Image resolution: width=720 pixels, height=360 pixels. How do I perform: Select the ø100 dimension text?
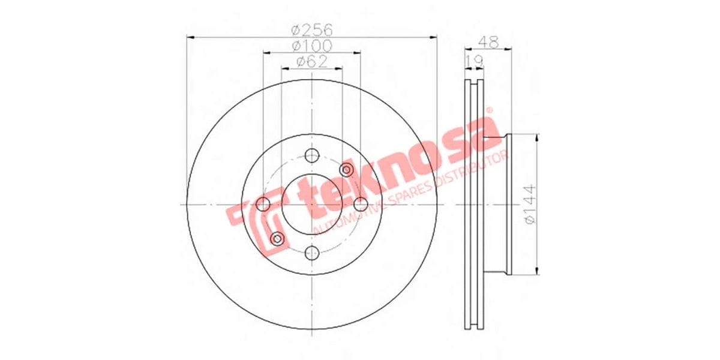click(311, 46)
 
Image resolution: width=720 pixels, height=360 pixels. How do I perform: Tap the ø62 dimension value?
click(311, 61)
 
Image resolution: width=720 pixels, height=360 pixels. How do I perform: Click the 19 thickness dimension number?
click(475, 59)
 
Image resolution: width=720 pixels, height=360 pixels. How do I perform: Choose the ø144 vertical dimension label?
click(530, 204)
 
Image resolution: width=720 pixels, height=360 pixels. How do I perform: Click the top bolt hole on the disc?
click(311, 156)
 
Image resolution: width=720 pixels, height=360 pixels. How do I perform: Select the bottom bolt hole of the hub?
click(311, 253)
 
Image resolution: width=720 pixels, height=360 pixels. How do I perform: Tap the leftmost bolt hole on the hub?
click(263, 205)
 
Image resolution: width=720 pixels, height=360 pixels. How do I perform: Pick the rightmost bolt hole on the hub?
click(360, 205)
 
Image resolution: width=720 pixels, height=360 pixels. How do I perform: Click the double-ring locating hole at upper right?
click(346, 170)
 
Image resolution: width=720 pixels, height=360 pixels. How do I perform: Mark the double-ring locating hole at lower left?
click(277, 239)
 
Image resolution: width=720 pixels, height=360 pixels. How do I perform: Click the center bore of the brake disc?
click(311, 205)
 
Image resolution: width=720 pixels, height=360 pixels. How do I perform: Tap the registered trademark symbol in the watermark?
click(489, 110)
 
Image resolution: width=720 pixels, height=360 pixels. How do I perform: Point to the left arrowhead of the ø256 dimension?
click(191, 37)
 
